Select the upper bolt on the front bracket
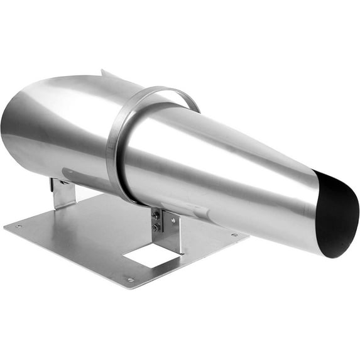(x=155, y=215)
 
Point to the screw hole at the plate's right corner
(x=234, y=235)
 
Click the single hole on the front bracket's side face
(x=173, y=221)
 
